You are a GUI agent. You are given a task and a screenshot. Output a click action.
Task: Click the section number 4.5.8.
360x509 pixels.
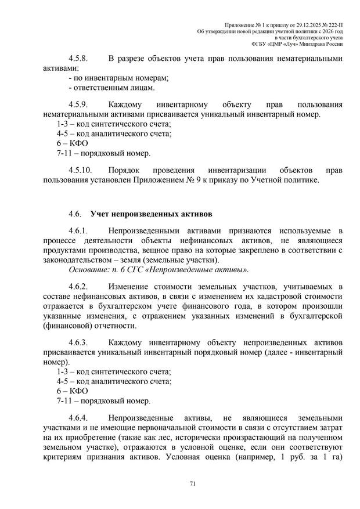pyautogui.click(x=77, y=59)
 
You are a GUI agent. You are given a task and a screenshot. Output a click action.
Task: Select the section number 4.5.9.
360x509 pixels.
pyautogui.click(x=77, y=105)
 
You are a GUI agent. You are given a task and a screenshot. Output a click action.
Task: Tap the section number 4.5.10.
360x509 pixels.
pyautogui.click(x=80, y=170)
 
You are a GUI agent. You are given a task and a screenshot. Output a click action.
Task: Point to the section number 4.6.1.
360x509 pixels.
pyautogui.click(x=77, y=230)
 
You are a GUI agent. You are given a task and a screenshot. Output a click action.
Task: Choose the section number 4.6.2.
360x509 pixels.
pyautogui.click(x=77, y=286)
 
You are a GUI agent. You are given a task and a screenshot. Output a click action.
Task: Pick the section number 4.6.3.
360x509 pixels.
pyautogui.click(x=77, y=342)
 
